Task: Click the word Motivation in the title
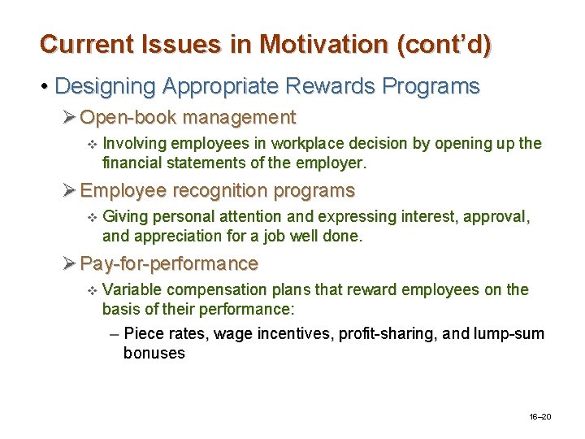point(323,44)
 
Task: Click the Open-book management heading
point(188,118)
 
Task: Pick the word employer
point(335,163)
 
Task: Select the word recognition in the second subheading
point(205,191)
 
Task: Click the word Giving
point(128,217)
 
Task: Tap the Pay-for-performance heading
point(169,264)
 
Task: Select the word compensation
point(214,290)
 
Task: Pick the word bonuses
point(154,353)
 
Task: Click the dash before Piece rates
point(114,334)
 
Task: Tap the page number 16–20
point(539,417)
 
